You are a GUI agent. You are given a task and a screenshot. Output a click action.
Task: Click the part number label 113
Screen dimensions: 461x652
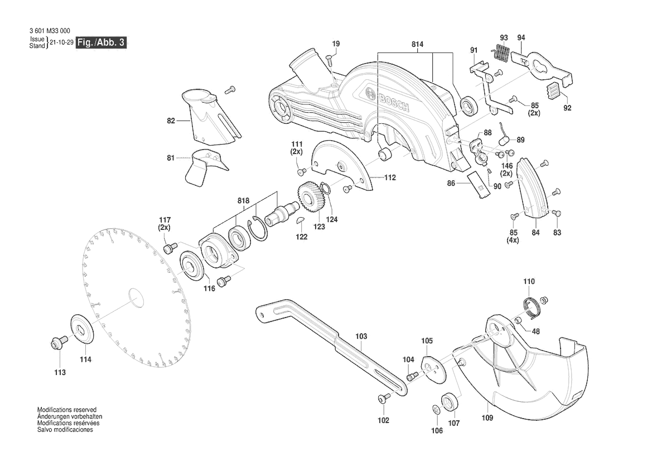pos(60,372)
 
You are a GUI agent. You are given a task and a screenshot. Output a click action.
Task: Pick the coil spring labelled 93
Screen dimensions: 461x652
pos(502,53)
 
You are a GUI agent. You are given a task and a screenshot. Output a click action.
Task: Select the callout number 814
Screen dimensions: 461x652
pos(417,44)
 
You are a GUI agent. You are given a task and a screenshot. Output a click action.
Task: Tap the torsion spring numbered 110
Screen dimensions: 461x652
pos(532,306)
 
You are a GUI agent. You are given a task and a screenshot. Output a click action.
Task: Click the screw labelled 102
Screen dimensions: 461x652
pos(383,398)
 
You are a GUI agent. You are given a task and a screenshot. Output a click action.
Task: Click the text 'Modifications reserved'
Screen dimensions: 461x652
pos(67,409)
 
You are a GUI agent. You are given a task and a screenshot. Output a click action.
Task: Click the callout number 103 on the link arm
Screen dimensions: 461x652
pos(361,337)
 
